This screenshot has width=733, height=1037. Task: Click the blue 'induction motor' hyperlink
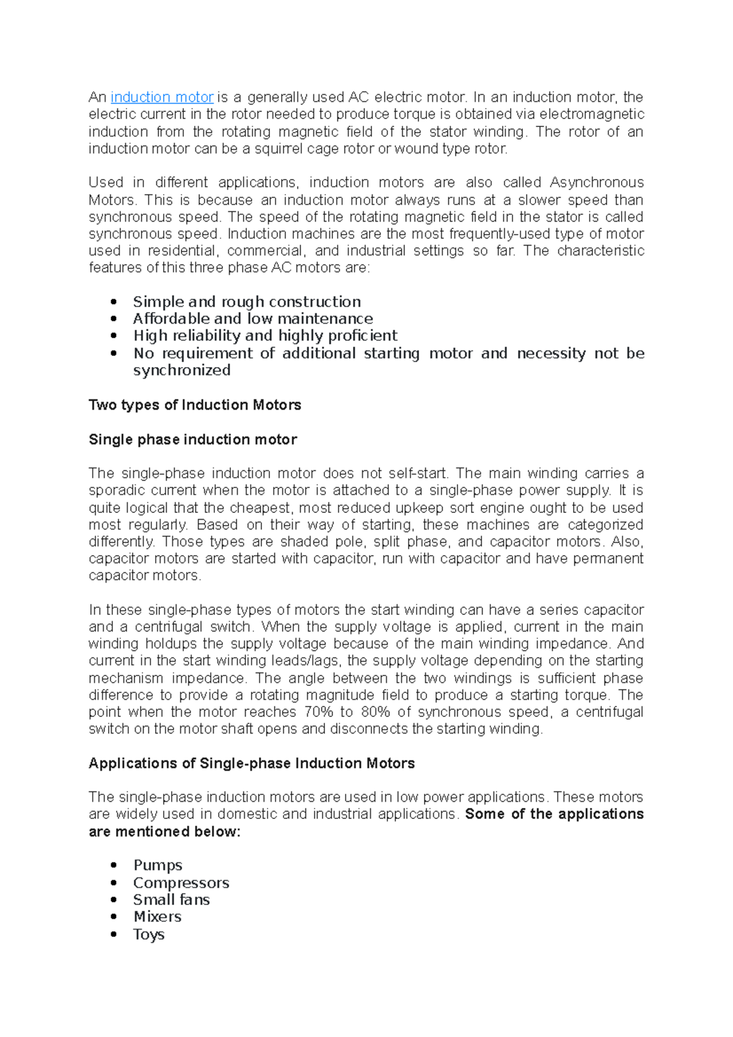tap(162, 97)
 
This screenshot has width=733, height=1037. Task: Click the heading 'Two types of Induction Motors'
tap(195, 405)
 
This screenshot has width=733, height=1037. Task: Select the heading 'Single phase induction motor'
tap(192, 440)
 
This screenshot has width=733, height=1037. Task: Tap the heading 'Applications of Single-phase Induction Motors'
tap(252, 763)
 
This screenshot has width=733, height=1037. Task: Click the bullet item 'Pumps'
tap(158, 865)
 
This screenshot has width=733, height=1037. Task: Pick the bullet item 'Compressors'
tap(181, 882)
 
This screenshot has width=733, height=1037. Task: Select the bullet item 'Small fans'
tap(171, 900)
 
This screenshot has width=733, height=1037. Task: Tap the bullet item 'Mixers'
tap(157, 917)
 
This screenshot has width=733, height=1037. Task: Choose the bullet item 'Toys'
tap(148, 934)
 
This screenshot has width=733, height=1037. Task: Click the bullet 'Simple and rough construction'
tap(247, 302)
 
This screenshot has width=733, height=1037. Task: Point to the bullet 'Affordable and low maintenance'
tap(253, 319)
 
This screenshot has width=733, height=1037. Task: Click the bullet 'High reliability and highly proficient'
tap(265, 336)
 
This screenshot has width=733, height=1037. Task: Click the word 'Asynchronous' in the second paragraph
tap(596, 183)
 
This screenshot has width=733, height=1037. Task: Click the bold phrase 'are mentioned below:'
tap(164, 832)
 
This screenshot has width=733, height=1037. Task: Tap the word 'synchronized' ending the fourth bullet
tap(181, 371)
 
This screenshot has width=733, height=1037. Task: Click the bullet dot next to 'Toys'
tap(114, 934)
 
